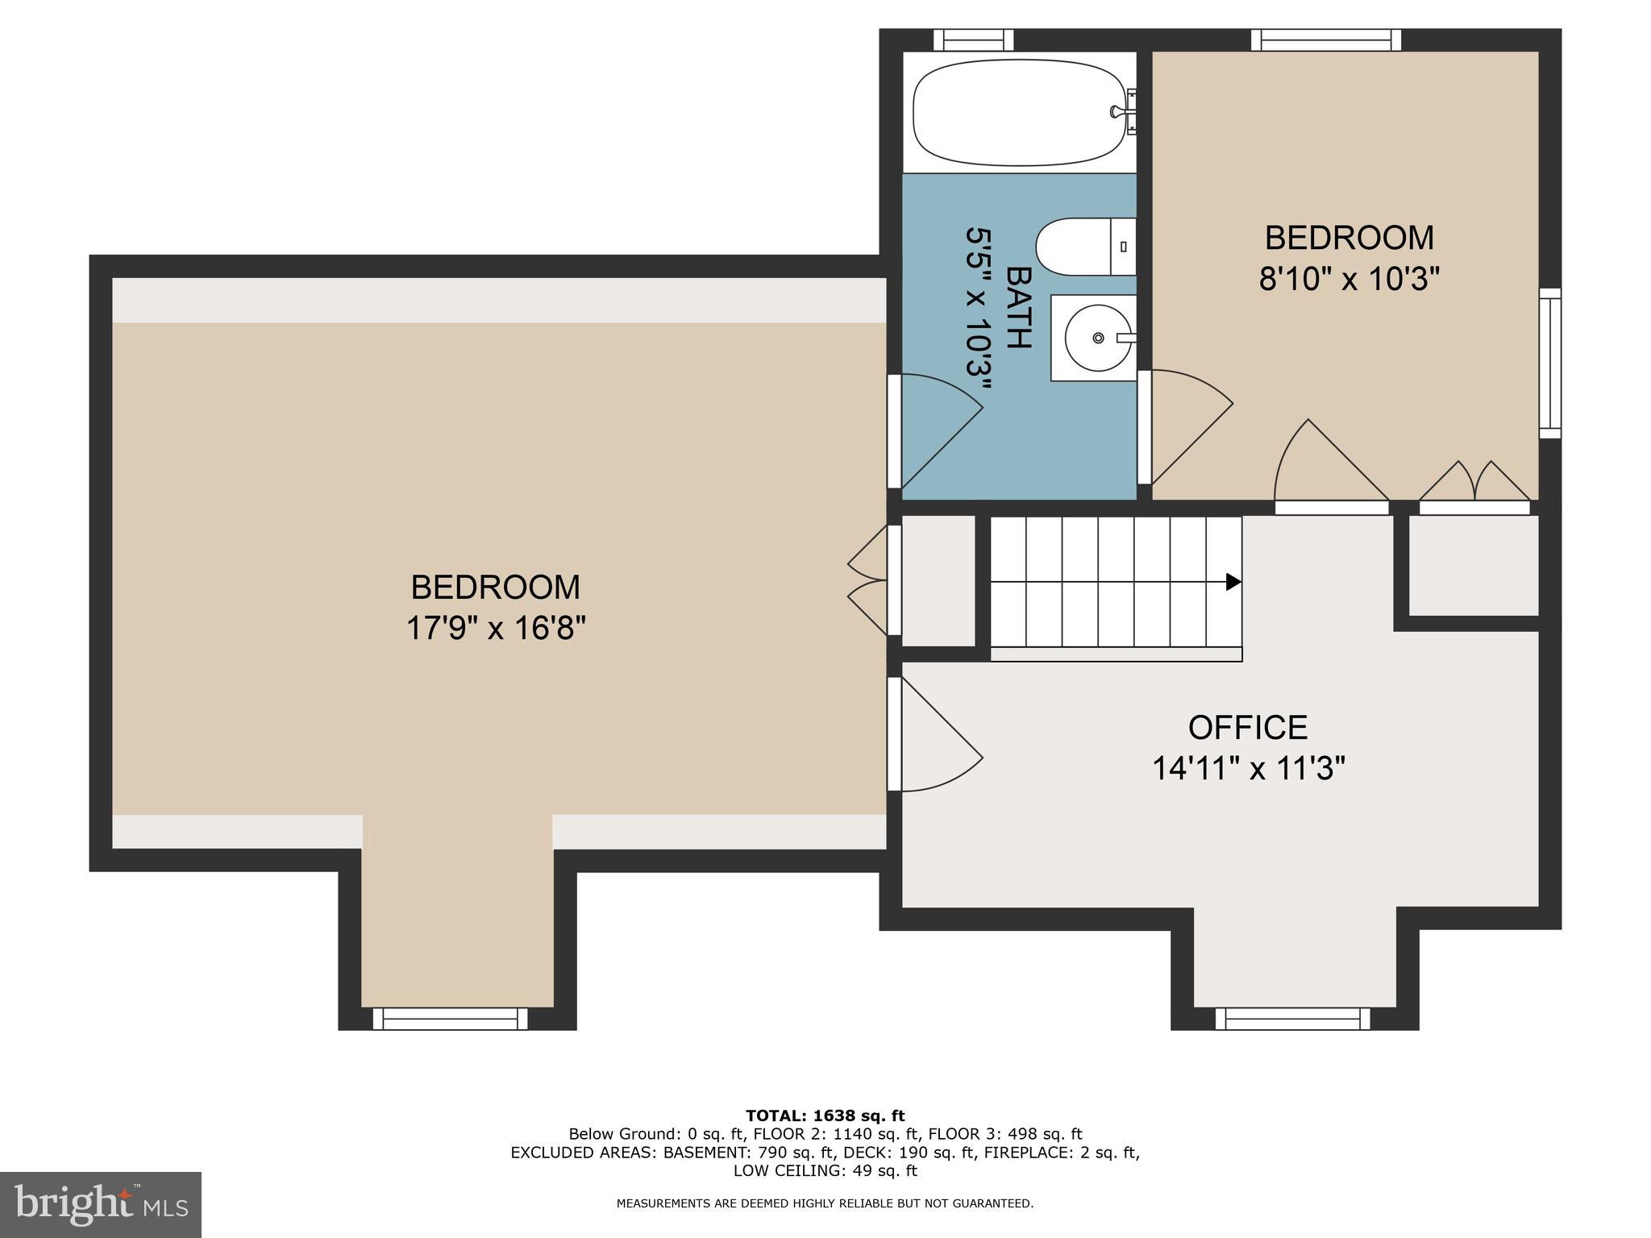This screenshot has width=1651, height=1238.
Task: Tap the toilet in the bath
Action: (1084, 247)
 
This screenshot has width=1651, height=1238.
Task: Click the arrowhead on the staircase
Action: (1233, 582)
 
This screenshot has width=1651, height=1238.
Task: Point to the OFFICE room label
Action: (1247, 727)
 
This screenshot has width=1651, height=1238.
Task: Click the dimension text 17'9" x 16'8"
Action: (495, 628)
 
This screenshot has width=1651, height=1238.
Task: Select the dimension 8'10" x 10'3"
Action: (1349, 280)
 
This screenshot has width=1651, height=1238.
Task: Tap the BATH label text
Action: (1019, 308)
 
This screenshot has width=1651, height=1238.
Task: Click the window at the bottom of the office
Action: (1292, 1019)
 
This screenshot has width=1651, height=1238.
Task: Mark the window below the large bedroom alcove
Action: (450, 1019)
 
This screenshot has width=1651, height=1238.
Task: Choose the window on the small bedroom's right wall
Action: (1549, 363)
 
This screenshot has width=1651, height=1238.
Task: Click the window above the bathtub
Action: (973, 39)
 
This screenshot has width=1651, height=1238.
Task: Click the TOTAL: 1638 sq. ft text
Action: (825, 1116)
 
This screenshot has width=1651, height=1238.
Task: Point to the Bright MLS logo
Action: (100, 1204)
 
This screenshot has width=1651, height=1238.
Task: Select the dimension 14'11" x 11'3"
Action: (1248, 768)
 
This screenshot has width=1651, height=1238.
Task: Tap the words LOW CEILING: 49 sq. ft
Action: (825, 1170)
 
